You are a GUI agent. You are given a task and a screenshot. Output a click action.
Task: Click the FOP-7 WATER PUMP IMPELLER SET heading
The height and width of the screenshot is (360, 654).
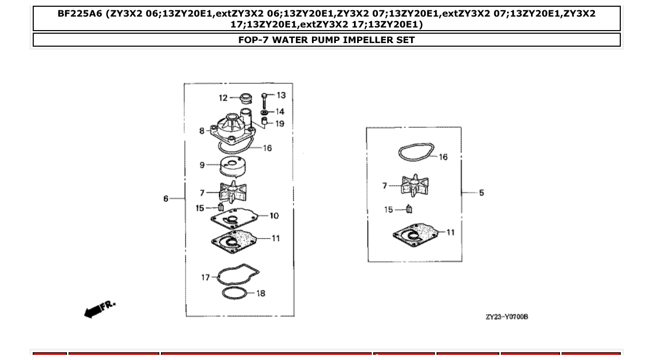pyautogui.click(x=326, y=40)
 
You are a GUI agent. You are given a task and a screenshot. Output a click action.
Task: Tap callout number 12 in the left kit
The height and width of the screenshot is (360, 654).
pyautogui.click(x=223, y=98)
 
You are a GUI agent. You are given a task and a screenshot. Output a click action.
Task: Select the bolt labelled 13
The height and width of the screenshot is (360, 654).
pyautogui.click(x=265, y=99)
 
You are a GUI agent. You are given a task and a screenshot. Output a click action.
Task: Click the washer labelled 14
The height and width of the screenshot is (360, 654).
pyautogui.click(x=264, y=112)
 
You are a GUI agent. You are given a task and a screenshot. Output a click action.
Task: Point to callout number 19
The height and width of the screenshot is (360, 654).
pyautogui.click(x=280, y=124)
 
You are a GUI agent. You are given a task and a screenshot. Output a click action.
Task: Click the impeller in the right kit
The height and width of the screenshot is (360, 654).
pyautogui.click(x=415, y=185)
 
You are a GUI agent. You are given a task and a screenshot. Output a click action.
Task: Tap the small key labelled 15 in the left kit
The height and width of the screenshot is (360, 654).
pyautogui.click(x=220, y=208)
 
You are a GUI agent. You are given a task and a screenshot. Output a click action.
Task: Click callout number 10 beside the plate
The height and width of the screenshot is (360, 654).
pyautogui.click(x=274, y=215)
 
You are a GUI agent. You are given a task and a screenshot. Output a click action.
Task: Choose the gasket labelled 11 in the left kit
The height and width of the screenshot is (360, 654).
pyautogui.click(x=234, y=240)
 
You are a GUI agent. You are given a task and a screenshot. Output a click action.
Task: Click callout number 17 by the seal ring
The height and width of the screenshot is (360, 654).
pyautogui.click(x=206, y=278)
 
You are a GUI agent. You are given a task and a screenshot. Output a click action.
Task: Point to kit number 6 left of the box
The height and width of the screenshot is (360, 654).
pyautogui.click(x=166, y=199)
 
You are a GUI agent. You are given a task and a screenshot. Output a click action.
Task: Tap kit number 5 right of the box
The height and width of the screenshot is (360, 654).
pyautogui.click(x=482, y=193)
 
